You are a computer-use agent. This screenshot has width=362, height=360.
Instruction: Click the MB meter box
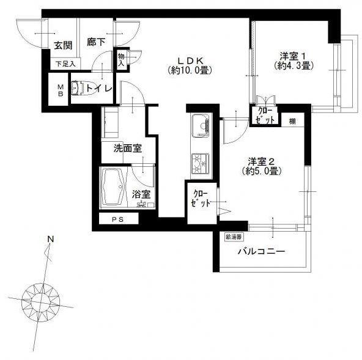[61, 90]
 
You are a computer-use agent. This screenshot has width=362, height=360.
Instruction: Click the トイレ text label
[99, 89]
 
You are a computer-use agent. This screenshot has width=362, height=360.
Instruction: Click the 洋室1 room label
[289, 53]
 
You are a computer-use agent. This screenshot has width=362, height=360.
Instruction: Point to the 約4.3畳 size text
[290, 64]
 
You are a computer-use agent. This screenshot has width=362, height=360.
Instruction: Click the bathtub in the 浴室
[114, 186]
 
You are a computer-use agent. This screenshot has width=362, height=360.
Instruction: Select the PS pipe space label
[116, 219]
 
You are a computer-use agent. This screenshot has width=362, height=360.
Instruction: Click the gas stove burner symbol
[201, 162]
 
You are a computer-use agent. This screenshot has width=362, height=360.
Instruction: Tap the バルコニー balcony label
[262, 251]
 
